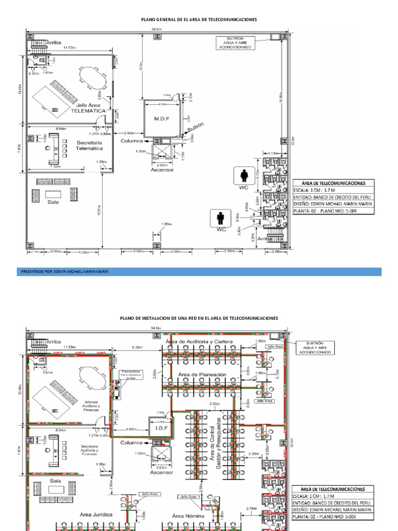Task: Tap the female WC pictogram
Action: [244, 176]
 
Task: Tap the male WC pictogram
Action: [221, 218]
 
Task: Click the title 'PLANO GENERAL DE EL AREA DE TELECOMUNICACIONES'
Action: [199, 19]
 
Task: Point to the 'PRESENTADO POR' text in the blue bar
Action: [65, 271]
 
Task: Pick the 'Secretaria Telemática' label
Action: [90, 145]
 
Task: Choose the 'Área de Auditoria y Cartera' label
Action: [199, 342]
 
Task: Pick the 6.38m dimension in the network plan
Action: [137, 347]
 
